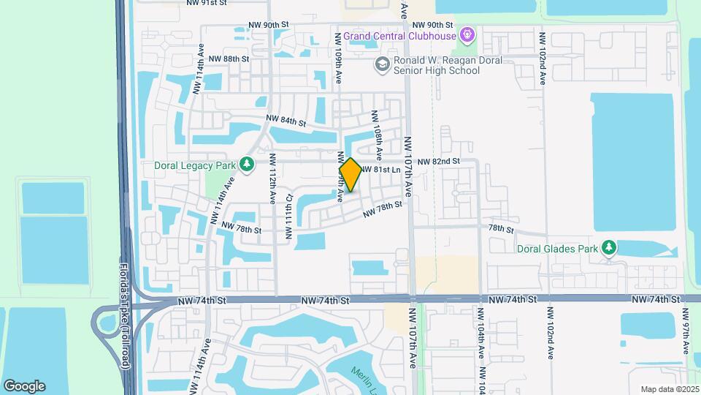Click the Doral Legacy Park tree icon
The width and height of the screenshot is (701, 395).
(x=247, y=165)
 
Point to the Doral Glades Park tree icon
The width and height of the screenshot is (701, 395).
(x=608, y=249)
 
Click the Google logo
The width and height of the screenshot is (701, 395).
(x=24, y=386)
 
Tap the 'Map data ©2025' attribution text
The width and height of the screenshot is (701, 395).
(x=670, y=389)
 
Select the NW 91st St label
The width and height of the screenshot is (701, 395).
(x=207, y=3)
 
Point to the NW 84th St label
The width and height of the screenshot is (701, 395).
(x=286, y=121)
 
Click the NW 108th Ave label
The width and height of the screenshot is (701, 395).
(x=377, y=135)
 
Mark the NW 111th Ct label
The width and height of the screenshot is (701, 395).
(x=289, y=217)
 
